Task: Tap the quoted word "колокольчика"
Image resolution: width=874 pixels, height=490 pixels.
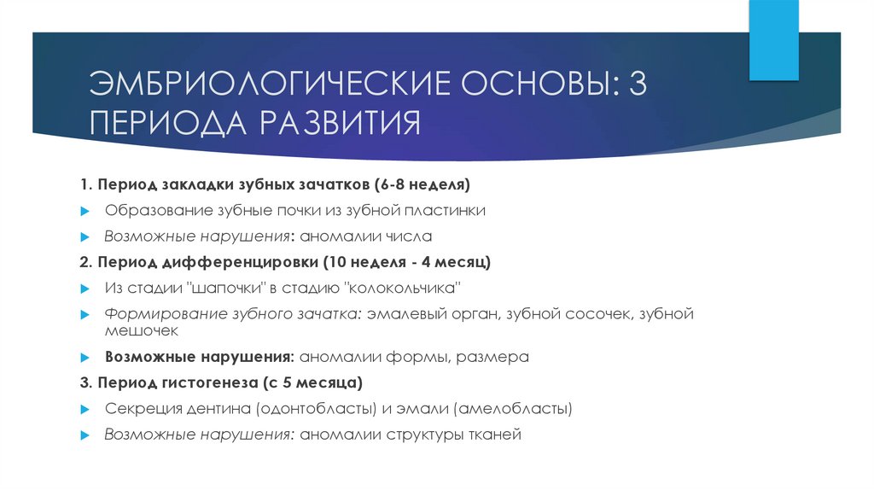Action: click(406, 287)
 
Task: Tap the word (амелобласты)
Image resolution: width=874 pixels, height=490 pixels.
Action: click(510, 408)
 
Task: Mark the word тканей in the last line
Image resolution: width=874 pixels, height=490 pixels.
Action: click(492, 435)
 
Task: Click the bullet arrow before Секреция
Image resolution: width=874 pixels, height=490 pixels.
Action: click(85, 409)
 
